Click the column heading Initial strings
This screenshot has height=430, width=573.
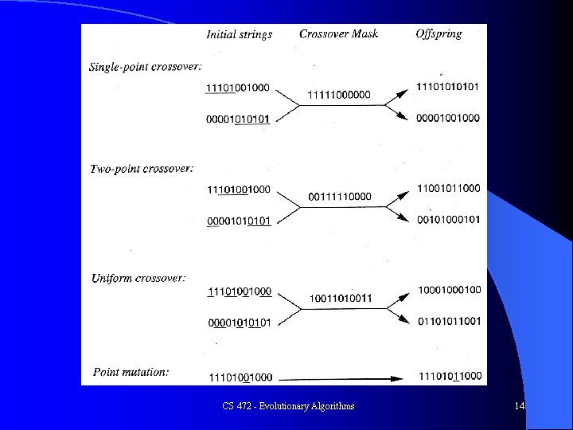point(239,34)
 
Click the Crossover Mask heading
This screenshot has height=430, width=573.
point(338,33)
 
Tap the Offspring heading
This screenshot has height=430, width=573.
point(439,33)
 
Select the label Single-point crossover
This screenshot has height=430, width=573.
point(145,66)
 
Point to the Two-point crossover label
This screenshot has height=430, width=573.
point(141,169)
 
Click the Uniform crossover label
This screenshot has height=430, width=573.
point(138,278)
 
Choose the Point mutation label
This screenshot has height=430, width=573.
point(131,372)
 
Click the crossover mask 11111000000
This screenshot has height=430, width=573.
point(338,95)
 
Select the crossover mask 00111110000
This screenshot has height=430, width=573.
point(339,196)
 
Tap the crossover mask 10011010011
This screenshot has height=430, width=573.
point(340,299)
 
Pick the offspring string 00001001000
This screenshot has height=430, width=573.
point(447,118)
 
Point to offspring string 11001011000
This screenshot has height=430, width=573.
point(448,188)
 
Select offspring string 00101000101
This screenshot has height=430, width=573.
point(448,220)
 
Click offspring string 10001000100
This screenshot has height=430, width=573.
point(450,290)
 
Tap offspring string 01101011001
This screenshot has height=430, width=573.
point(450,322)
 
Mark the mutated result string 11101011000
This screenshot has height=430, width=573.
point(450,376)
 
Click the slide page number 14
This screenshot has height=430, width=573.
point(519,406)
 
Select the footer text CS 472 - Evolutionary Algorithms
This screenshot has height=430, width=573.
point(288,406)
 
